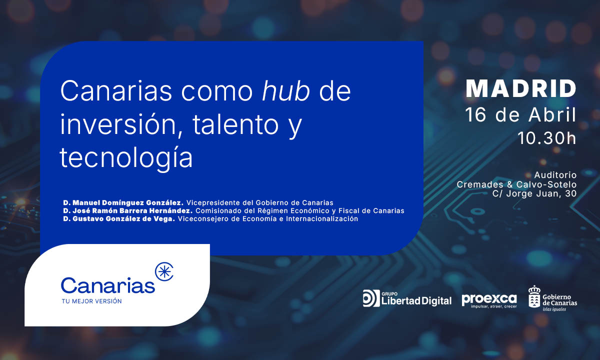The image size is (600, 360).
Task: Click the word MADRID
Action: pyautogui.click(x=521, y=88)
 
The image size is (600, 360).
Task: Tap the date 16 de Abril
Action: pyautogui.click(x=520, y=115)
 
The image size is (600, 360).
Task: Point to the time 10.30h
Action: pyautogui.click(x=547, y=138)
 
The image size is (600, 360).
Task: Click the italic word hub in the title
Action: pyautogui.click(x=286, y=91)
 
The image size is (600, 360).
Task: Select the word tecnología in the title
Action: pyautogui.click(x=126, y=157)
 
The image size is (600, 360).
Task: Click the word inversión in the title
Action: pyautogui.click(x=118, y=124)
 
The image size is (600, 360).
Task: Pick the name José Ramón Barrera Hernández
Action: pyautogui.click(x=132, y=211)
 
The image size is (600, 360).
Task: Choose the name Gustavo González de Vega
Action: pyautogui.click(x=123, y=219)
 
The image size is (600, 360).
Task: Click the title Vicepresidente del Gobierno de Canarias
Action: pyautogui.click(x=260, y=203)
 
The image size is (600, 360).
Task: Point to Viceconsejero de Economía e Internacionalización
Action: pyautogui.click(x=268, y=219)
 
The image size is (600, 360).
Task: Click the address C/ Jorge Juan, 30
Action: pyautogui.click(x=534, y=193)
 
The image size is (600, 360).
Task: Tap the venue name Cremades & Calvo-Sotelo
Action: pyautogui.click(x=516, y=184)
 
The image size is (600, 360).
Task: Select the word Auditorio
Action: pyautogui.click(x=555, y=175)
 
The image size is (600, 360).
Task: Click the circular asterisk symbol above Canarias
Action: pyautogui.click(x=164, y=271)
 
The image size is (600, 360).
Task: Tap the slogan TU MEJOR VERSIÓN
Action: pyautogui.click(x=91, y=301)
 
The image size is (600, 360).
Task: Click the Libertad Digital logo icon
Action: pyautogui.click(x=371, y=298)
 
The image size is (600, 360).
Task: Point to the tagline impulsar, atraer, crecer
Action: pyautogui.click(x=493, y=306)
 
